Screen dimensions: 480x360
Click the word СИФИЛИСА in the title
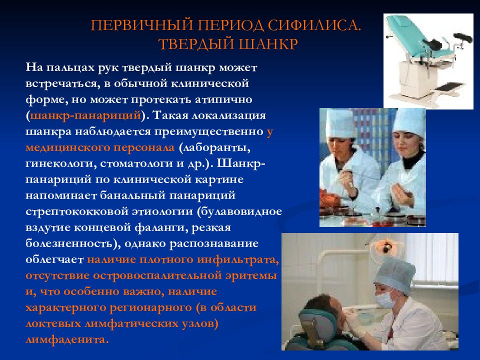(x=314, y=25)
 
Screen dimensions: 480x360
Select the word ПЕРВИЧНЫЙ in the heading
(x=142, y=25)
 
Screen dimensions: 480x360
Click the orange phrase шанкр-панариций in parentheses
(x=85, y=115)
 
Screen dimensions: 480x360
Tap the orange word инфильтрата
(x=238, y=259)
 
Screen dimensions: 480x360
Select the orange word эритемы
(x=251, y=275)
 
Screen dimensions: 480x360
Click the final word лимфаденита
(x=67, y=339)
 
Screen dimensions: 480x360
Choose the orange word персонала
(x=144, y=147)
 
